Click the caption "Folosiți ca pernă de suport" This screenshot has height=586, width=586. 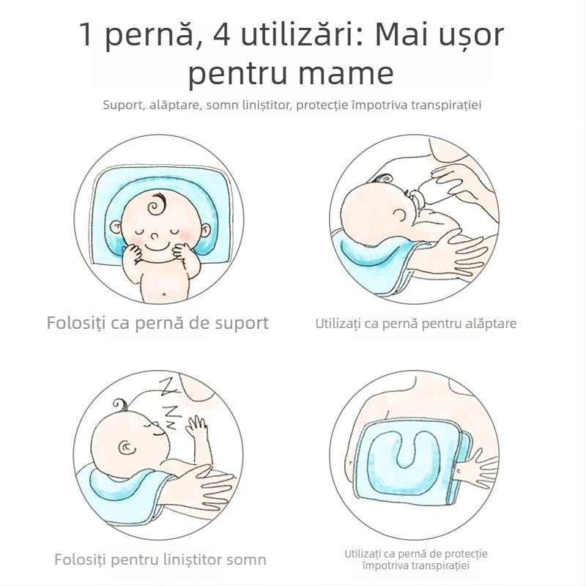157,323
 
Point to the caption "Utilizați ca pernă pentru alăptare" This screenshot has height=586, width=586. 415,323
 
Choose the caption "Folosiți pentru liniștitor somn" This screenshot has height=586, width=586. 160,560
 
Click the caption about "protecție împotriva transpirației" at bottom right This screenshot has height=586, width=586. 415,560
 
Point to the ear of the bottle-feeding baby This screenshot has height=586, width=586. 400,213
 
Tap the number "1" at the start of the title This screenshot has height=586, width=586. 86,36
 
